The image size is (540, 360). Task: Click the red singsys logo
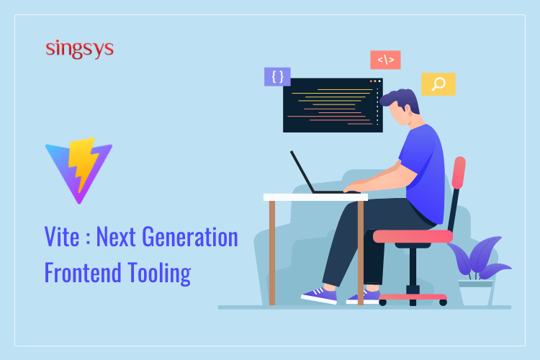point(79,49)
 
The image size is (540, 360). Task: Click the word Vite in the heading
point(62,237)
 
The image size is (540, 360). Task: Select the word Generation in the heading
point(190,237)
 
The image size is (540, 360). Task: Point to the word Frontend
point(83,272)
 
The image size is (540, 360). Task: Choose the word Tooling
point(159,274)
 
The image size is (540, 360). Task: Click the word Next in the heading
point(116,237)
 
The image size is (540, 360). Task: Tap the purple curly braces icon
point(277,76)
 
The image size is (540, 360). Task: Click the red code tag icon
point(385,60)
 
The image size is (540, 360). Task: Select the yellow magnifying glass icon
point(438,84)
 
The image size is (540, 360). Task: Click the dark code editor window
point(333,105)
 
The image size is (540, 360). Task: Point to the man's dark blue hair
point(400,99)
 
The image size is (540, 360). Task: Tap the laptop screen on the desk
point(302,171)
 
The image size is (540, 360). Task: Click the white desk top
point(315,197)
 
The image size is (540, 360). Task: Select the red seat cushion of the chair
point(413,236)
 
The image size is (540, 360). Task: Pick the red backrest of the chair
point(459,173)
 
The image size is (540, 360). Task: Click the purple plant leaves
point(479,257)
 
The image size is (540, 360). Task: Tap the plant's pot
point(476,293)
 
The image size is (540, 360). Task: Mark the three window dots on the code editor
point(375,81)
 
